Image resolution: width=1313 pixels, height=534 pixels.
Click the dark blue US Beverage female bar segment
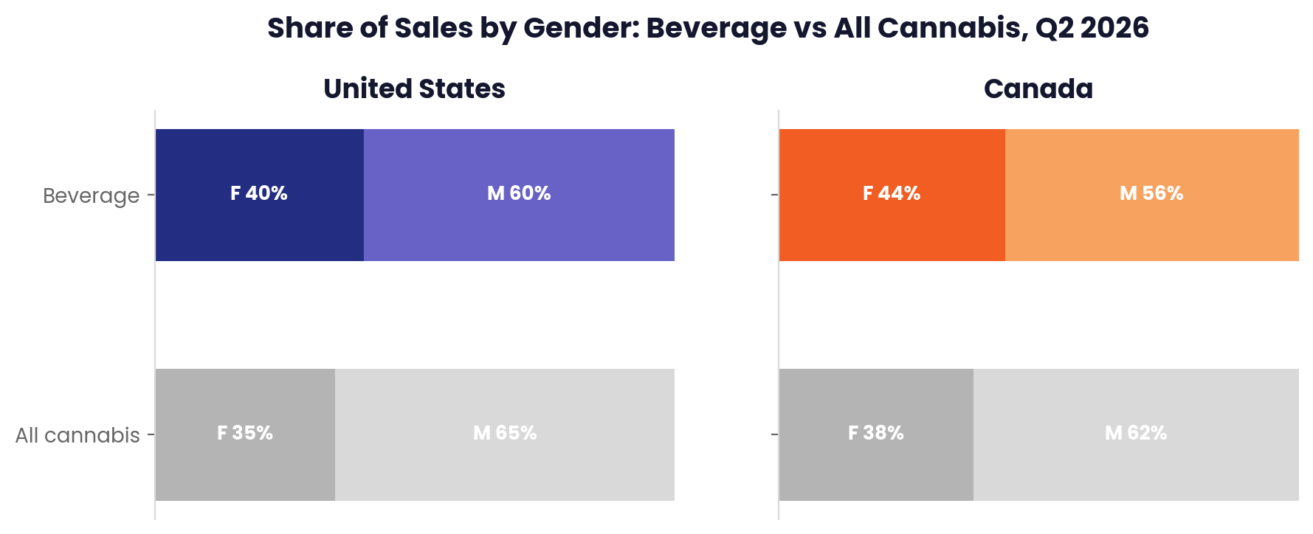coord(260,195)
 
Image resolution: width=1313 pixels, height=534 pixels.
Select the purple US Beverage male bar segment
coord(519,195)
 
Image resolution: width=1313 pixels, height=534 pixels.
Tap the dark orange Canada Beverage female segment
coord(892,195)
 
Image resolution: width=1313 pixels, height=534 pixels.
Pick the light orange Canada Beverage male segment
coord(1152,195)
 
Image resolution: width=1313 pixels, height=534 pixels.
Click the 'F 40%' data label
coord(259,193)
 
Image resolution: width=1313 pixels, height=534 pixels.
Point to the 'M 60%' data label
coord(519,193)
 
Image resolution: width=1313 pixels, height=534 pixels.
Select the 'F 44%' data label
coord(892,193)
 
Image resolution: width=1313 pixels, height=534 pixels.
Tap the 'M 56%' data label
coord(1151,193)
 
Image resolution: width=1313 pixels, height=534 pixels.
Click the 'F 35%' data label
coord(245,433)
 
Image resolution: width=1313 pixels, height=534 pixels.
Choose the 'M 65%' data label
coord(505,433)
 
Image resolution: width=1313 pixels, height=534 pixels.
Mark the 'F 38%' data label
coord(876,433)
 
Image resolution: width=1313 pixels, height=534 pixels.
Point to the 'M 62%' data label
coord(1136,433)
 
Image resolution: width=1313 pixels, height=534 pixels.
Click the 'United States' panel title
coord(414,89)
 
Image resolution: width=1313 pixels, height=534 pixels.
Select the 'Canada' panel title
coord(1038,89)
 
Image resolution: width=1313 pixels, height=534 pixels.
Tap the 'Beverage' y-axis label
coord(92,195)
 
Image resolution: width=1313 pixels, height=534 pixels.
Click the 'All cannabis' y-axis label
coord(77,435)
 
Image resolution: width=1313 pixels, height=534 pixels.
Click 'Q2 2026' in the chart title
coord(1092,28)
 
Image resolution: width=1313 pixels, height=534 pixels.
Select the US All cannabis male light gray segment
coord(505,434)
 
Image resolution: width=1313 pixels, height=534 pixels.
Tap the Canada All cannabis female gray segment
coord(876,434)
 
